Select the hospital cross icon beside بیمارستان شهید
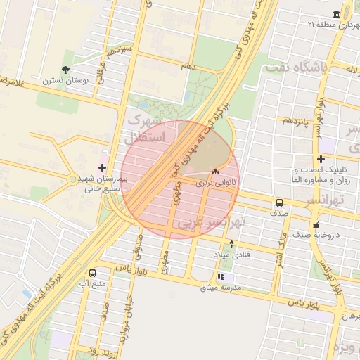[x=103, y=167]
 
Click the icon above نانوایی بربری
[x=215, y=172]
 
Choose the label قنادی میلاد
[x=231, y=254]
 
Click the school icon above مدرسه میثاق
[x=221, y=277]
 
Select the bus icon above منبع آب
[x=93, y=273]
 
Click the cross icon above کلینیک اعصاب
[x=321, y=159]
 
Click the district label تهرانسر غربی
[x=212, y=223]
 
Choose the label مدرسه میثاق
[x=221, y=288]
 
